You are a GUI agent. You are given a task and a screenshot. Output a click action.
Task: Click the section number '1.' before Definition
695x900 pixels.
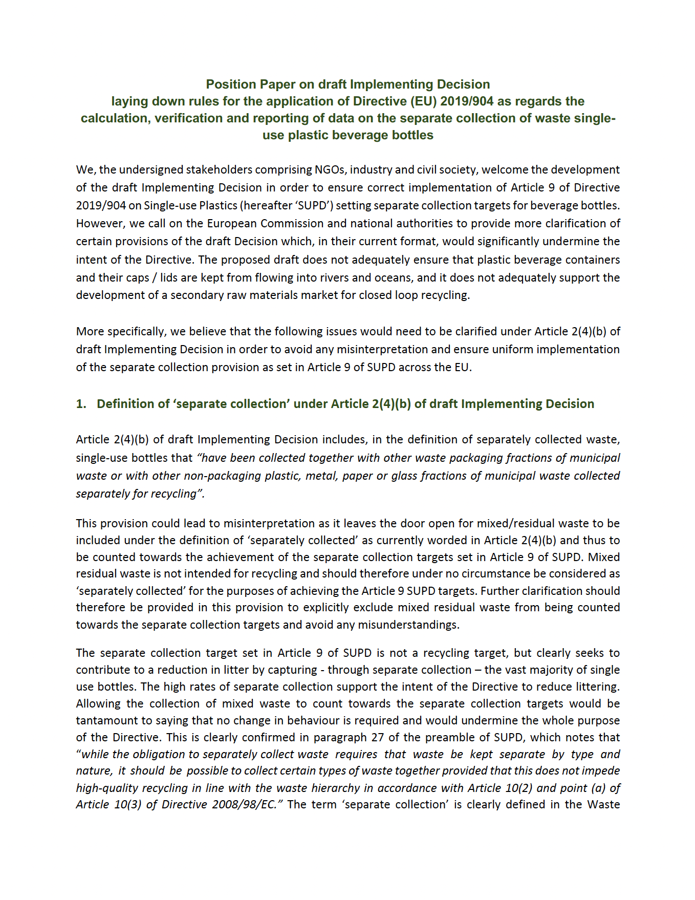[x=81, y=404]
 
